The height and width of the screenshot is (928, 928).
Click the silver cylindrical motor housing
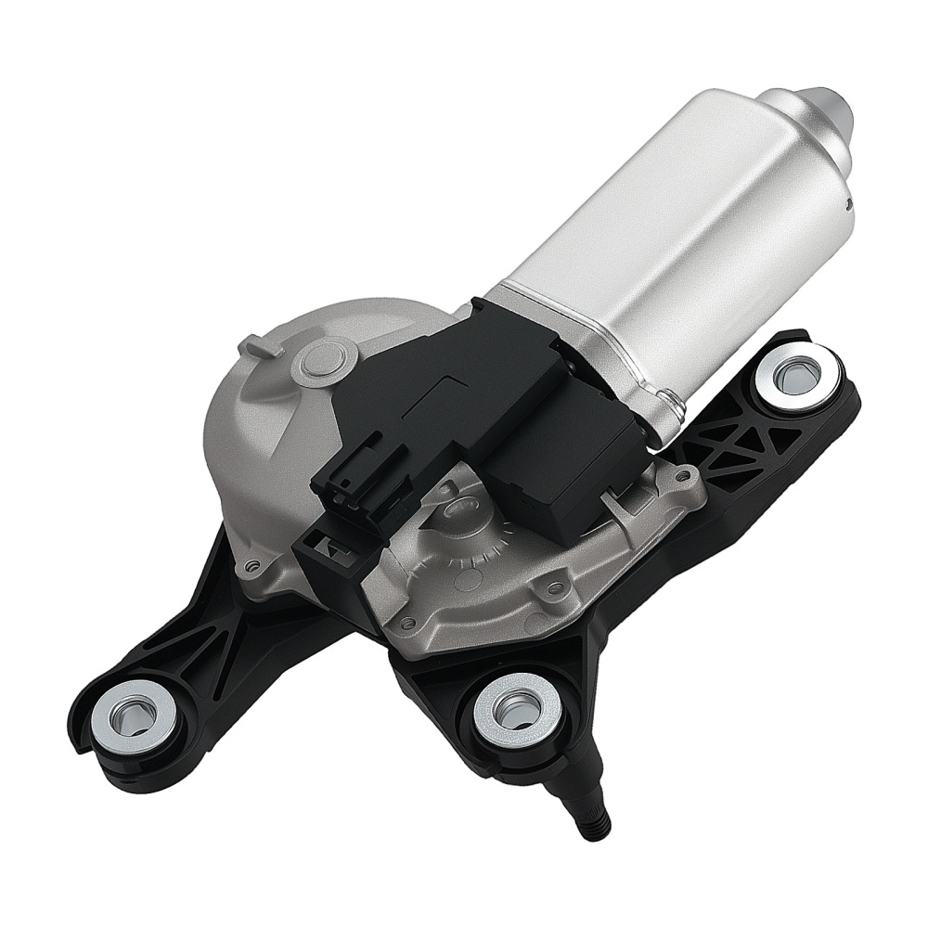[668, 232]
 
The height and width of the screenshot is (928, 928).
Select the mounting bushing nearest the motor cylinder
[795, 376]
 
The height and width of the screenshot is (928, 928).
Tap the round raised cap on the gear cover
[319, 361]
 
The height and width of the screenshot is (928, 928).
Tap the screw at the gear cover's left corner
[250, 564]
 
